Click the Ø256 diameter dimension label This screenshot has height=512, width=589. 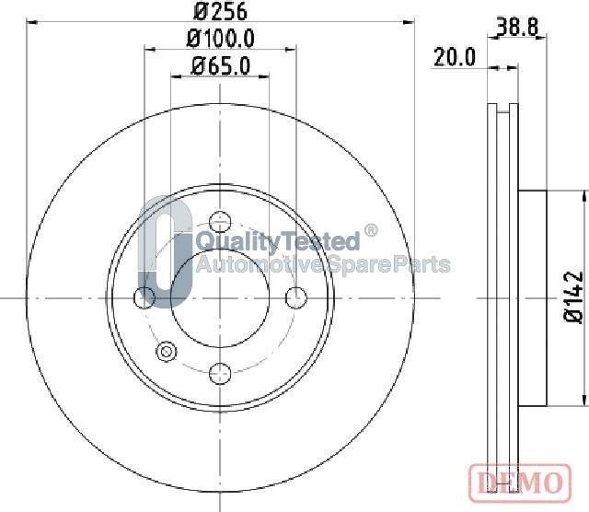point(219,12)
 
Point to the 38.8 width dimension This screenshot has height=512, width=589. point(517,28)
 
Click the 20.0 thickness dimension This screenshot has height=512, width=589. point(454,57)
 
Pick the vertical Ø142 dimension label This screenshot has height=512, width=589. point(573,297)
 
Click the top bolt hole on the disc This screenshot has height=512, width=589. point(219,222)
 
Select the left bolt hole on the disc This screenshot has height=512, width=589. point(144,297)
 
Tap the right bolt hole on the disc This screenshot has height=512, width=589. point(294,297)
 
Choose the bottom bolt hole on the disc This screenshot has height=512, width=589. point(219,373)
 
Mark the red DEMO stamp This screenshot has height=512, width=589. point(519,481)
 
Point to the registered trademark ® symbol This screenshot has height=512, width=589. point(370,230)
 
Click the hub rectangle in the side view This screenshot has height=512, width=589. point(533,297)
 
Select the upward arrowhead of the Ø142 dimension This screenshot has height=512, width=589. point(583,196)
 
